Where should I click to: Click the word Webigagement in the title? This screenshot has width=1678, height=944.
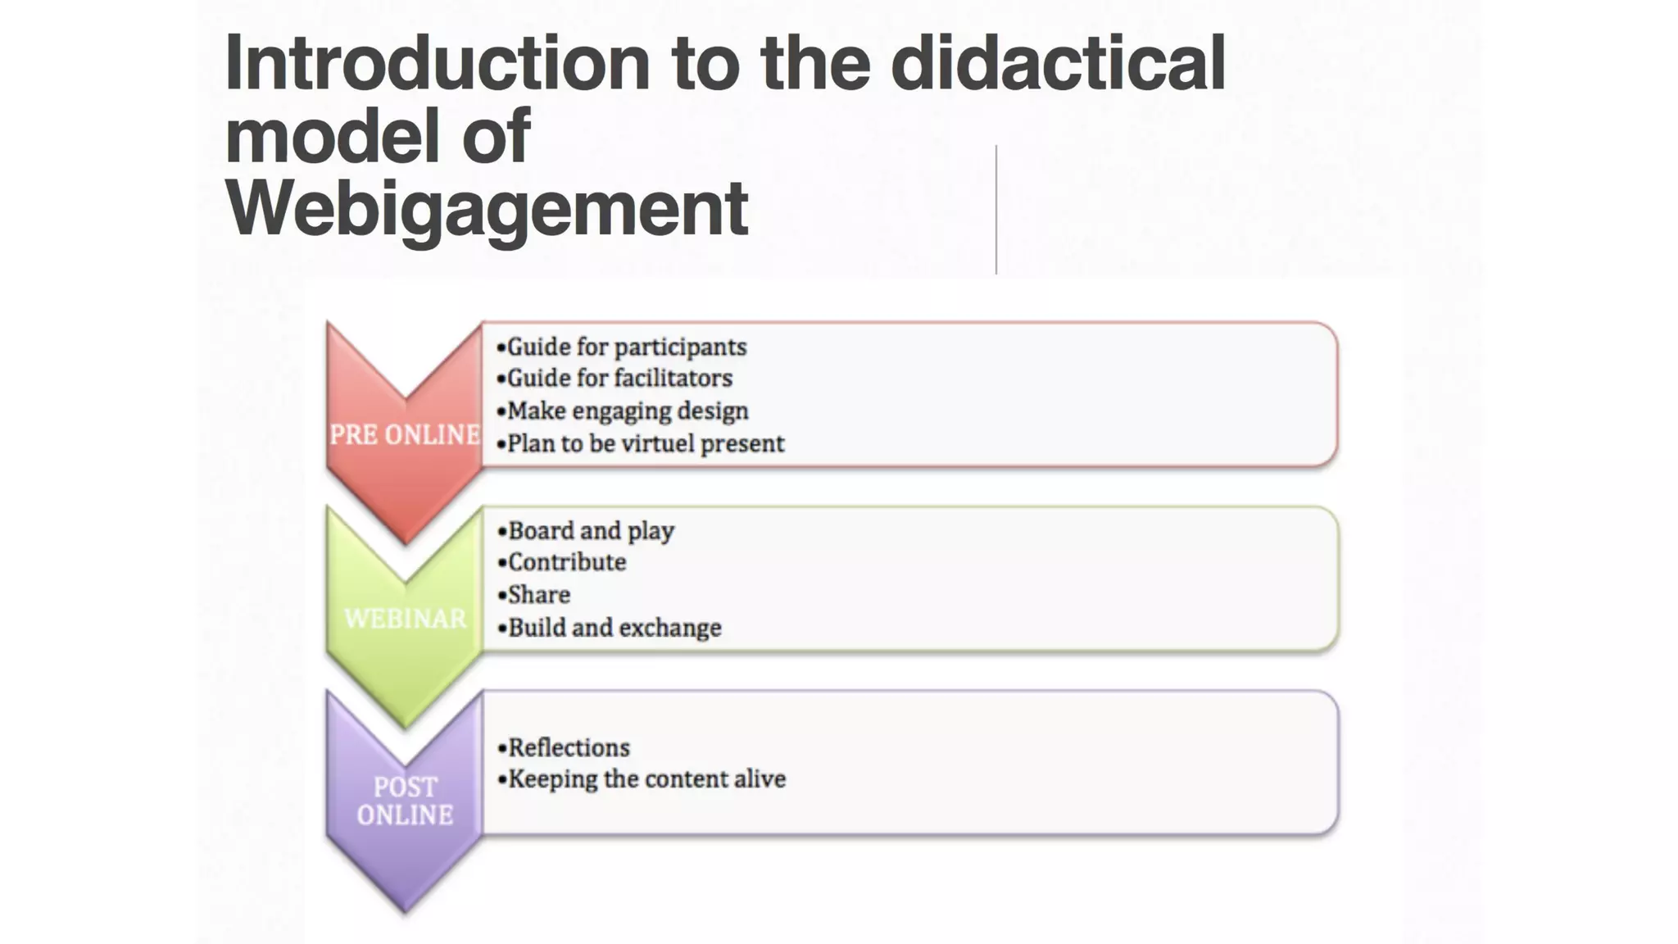(x=487, y=209)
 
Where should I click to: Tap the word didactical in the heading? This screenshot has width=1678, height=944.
(x=1057, y=63)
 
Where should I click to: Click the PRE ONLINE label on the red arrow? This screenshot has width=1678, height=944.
(x=405, y=434)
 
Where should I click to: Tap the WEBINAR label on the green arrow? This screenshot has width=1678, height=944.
(x=405, y=619)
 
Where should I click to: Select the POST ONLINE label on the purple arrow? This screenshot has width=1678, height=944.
(x=405, y=801)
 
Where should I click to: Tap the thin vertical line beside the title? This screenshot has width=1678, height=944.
(x=996, y=210)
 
